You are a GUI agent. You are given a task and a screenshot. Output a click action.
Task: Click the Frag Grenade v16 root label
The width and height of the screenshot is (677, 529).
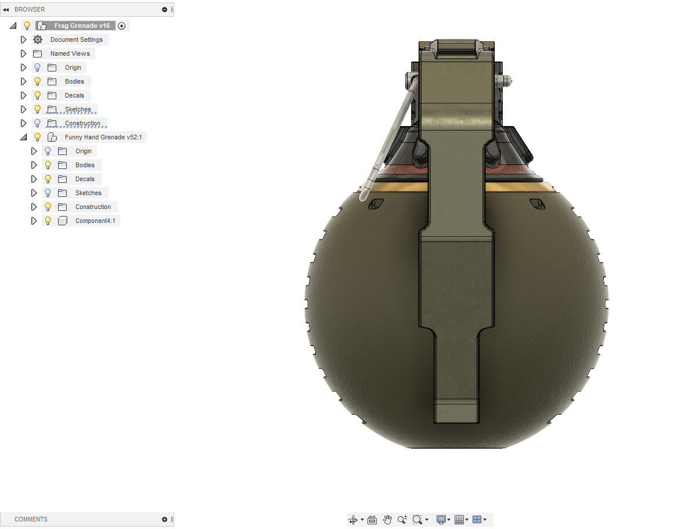coord(81,26)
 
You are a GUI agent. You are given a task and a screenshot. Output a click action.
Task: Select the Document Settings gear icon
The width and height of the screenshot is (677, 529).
coord(38,39)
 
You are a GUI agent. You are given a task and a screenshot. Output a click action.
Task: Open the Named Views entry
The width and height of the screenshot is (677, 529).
coord(70,53)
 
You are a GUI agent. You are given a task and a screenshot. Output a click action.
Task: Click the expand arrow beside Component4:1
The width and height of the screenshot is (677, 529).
coord(34,221)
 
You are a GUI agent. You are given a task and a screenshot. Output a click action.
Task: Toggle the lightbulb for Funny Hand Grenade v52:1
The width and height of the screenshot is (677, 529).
coord(38,137)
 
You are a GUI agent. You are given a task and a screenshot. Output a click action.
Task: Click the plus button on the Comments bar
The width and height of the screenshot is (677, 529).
coord(164,519)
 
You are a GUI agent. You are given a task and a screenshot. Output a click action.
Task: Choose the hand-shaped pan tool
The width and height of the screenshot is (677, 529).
coord(387,520)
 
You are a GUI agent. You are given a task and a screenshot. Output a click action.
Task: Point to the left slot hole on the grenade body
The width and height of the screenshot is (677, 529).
coord(376,203)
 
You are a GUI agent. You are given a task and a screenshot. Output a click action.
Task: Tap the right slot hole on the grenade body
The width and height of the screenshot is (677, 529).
coord(536,203)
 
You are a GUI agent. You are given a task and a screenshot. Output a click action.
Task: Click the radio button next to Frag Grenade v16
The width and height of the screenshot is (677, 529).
coord(121,26)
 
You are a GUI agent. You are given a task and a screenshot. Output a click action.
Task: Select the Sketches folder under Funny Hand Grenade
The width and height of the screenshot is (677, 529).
coord(88,193)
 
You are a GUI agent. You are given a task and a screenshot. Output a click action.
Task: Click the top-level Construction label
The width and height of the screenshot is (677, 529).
coord(82,123)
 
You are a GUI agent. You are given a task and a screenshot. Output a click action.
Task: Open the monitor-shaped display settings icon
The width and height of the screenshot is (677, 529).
coord(441,520)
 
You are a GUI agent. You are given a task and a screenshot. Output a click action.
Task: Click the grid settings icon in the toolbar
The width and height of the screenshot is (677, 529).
coord(459,520)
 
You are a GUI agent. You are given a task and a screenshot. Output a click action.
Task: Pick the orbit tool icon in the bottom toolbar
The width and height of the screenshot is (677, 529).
coord(353,520)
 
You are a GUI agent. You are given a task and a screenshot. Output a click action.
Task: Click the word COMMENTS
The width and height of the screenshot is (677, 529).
coord(31,519)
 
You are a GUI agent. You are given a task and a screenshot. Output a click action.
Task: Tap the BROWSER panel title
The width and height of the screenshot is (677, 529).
coord(30,9)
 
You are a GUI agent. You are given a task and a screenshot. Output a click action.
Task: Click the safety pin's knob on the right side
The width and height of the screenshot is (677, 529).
coord(507,81)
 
